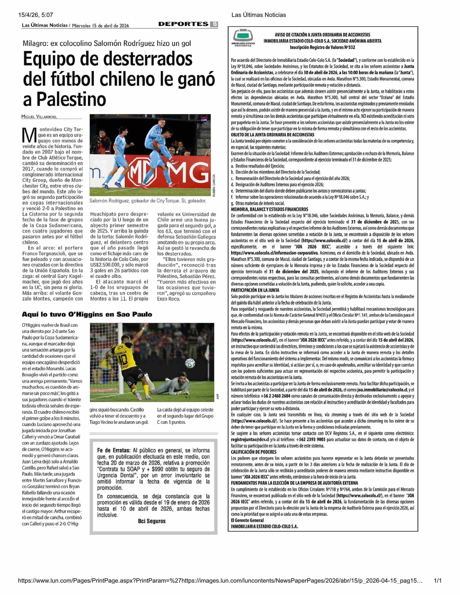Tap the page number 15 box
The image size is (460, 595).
coord(214,24)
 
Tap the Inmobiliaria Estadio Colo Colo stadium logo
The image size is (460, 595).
coord(243,37)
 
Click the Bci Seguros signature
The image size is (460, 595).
coord(152,521)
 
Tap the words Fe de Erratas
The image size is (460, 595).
coord(113,450)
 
